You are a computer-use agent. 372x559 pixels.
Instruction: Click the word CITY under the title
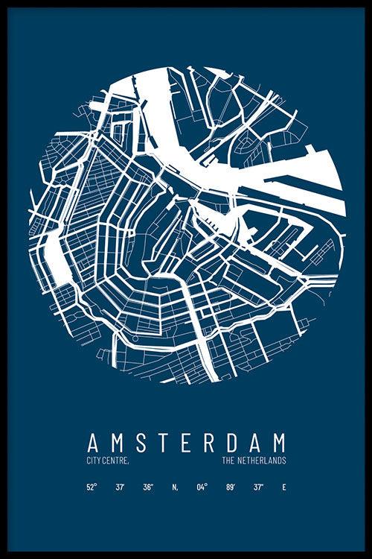tap(94, 461)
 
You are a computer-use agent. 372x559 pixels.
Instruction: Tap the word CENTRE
tap(115, 461)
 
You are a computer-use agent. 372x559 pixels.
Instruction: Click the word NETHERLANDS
tap(261, 461)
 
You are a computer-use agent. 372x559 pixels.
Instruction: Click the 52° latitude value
tap(92, 487)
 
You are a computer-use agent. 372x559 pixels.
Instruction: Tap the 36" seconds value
tap(149, 487)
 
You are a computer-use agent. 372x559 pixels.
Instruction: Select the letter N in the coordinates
tap(175, 487)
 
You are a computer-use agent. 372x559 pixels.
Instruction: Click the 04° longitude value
tap(202, 487)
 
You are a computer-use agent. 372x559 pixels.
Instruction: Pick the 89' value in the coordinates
tap(231, 487)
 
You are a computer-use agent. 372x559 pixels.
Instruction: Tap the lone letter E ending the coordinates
tap(283, 487)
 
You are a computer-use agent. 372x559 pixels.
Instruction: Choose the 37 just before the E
tap(257, 487)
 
